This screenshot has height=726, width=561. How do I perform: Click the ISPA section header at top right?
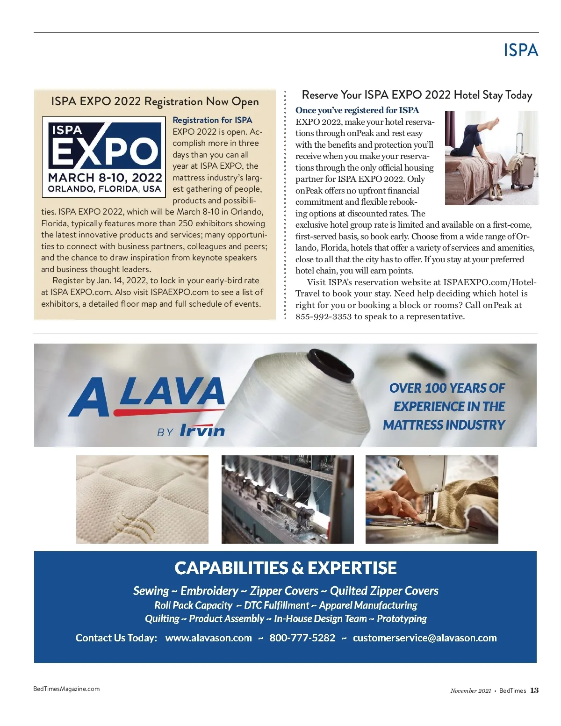point(520,50)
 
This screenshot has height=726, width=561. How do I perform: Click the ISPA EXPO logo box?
point(104,156)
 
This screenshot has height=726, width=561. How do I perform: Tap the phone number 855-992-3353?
point(323,316)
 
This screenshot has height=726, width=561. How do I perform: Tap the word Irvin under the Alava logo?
point(202,430)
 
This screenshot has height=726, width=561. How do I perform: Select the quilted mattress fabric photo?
point(142,499)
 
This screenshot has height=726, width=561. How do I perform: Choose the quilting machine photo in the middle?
point(288,499)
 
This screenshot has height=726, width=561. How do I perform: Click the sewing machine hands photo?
point(432,499)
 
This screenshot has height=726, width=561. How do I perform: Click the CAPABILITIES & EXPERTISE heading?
point(285,568)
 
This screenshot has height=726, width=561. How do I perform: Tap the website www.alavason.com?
point(209,638)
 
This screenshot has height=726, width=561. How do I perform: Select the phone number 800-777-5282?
point(302,638)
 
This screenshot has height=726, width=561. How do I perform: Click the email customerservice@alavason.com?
point(424,638)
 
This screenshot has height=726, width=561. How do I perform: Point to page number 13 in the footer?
point(534,690)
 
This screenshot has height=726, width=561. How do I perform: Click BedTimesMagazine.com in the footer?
point(66,689)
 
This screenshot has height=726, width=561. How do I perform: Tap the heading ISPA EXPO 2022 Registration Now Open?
point(155,101)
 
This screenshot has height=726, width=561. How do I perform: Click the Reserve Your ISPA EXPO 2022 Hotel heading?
point(417,95)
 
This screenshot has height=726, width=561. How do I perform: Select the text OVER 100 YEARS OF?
point(446,388)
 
